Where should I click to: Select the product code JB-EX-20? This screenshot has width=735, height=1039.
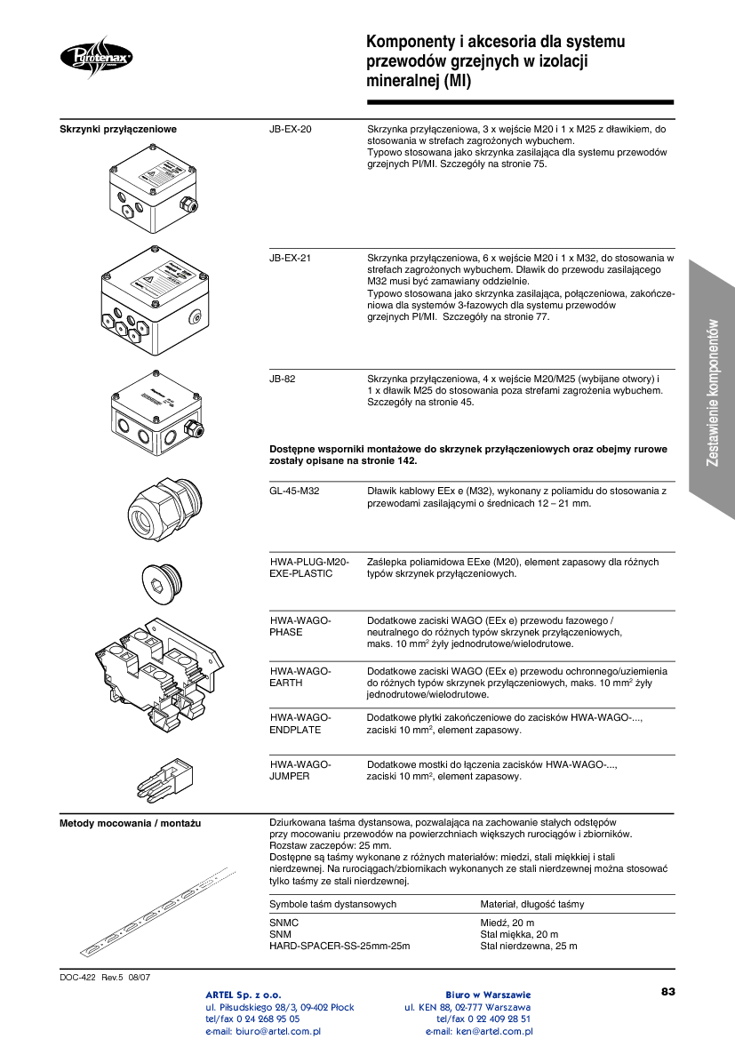[291, 130]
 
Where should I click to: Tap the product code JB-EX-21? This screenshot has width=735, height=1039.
[291, 259]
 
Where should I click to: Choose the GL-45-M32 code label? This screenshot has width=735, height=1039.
[295, 491]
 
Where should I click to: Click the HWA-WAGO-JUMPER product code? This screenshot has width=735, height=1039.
[300, 770]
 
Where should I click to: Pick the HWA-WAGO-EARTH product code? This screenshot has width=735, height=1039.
[300, 676]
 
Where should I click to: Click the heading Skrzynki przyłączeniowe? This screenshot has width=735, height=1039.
[118, 130]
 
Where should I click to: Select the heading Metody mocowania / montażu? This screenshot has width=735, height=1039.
[130, 824]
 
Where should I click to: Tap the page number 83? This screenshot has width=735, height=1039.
[668, 991]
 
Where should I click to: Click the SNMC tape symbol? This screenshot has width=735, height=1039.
[284, 923]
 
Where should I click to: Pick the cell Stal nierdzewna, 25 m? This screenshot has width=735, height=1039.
[529, 946]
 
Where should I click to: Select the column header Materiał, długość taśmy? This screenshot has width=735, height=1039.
[532, 904]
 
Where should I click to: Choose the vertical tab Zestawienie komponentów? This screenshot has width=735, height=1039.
[713, 391]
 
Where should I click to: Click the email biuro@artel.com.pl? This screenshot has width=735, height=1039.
[263, 1032]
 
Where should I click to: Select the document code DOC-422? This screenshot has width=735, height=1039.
[77, 978]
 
